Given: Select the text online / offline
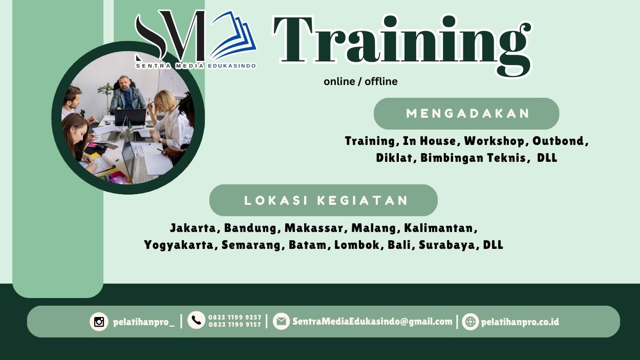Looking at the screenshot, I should tap(360, 81).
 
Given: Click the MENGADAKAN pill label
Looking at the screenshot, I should tap(466, 114).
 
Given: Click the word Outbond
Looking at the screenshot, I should tap(559, 141).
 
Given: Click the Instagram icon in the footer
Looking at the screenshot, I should tap(99, 322).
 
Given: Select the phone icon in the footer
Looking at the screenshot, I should tap(196, 321).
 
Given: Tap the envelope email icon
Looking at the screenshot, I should tap(281, 322).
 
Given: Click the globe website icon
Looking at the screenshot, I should tap(470, 322).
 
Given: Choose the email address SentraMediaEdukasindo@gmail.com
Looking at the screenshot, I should tap(372, 322).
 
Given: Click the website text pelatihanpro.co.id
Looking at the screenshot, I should tap(520, 322).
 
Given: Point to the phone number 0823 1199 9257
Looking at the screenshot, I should tap(234, 317).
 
